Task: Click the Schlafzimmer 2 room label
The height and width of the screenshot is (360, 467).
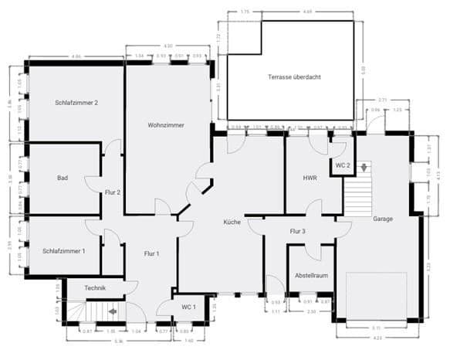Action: (76, 102)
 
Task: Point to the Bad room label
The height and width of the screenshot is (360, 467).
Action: (63, 178)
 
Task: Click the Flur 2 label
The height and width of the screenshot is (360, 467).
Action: (113, 192)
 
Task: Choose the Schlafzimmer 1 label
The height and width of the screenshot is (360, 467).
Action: (64, 250)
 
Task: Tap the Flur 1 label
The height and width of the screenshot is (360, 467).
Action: (151, 253)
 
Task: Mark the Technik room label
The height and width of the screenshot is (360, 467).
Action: (96, 288)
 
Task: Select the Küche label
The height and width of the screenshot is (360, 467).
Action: (232, 222)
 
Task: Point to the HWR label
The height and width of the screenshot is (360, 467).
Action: (310, 178)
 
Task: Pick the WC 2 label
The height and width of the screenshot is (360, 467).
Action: (343, 166)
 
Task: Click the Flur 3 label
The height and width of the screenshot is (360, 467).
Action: (298, 231)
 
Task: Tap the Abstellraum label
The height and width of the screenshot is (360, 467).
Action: (311, 275)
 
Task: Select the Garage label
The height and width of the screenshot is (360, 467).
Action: (383, 219)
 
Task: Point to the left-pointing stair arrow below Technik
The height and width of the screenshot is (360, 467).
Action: (113, 312)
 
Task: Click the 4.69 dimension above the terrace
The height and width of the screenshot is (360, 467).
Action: (307, 12)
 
